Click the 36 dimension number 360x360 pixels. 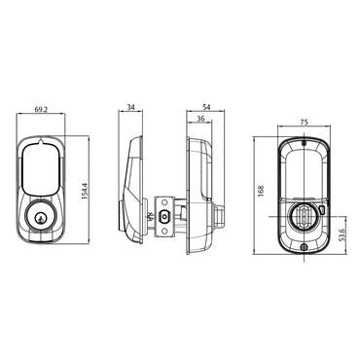tap(199, 119)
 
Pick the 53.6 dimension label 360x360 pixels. tap(342, 236)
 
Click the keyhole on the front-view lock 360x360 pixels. tap(42, 217)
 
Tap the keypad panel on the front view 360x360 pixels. tap(42, 169)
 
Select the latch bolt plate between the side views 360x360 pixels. tap(162, 218)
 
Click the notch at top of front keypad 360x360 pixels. tap(42, 144)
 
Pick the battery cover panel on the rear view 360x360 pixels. tap(303, 170)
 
